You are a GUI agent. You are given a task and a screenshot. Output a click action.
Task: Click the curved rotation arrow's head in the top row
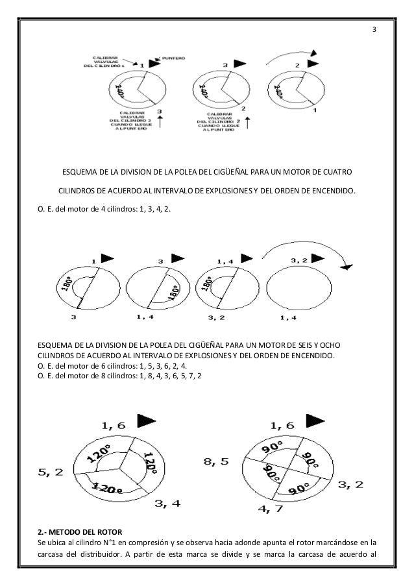pyautogui.click(x=313, y=55)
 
